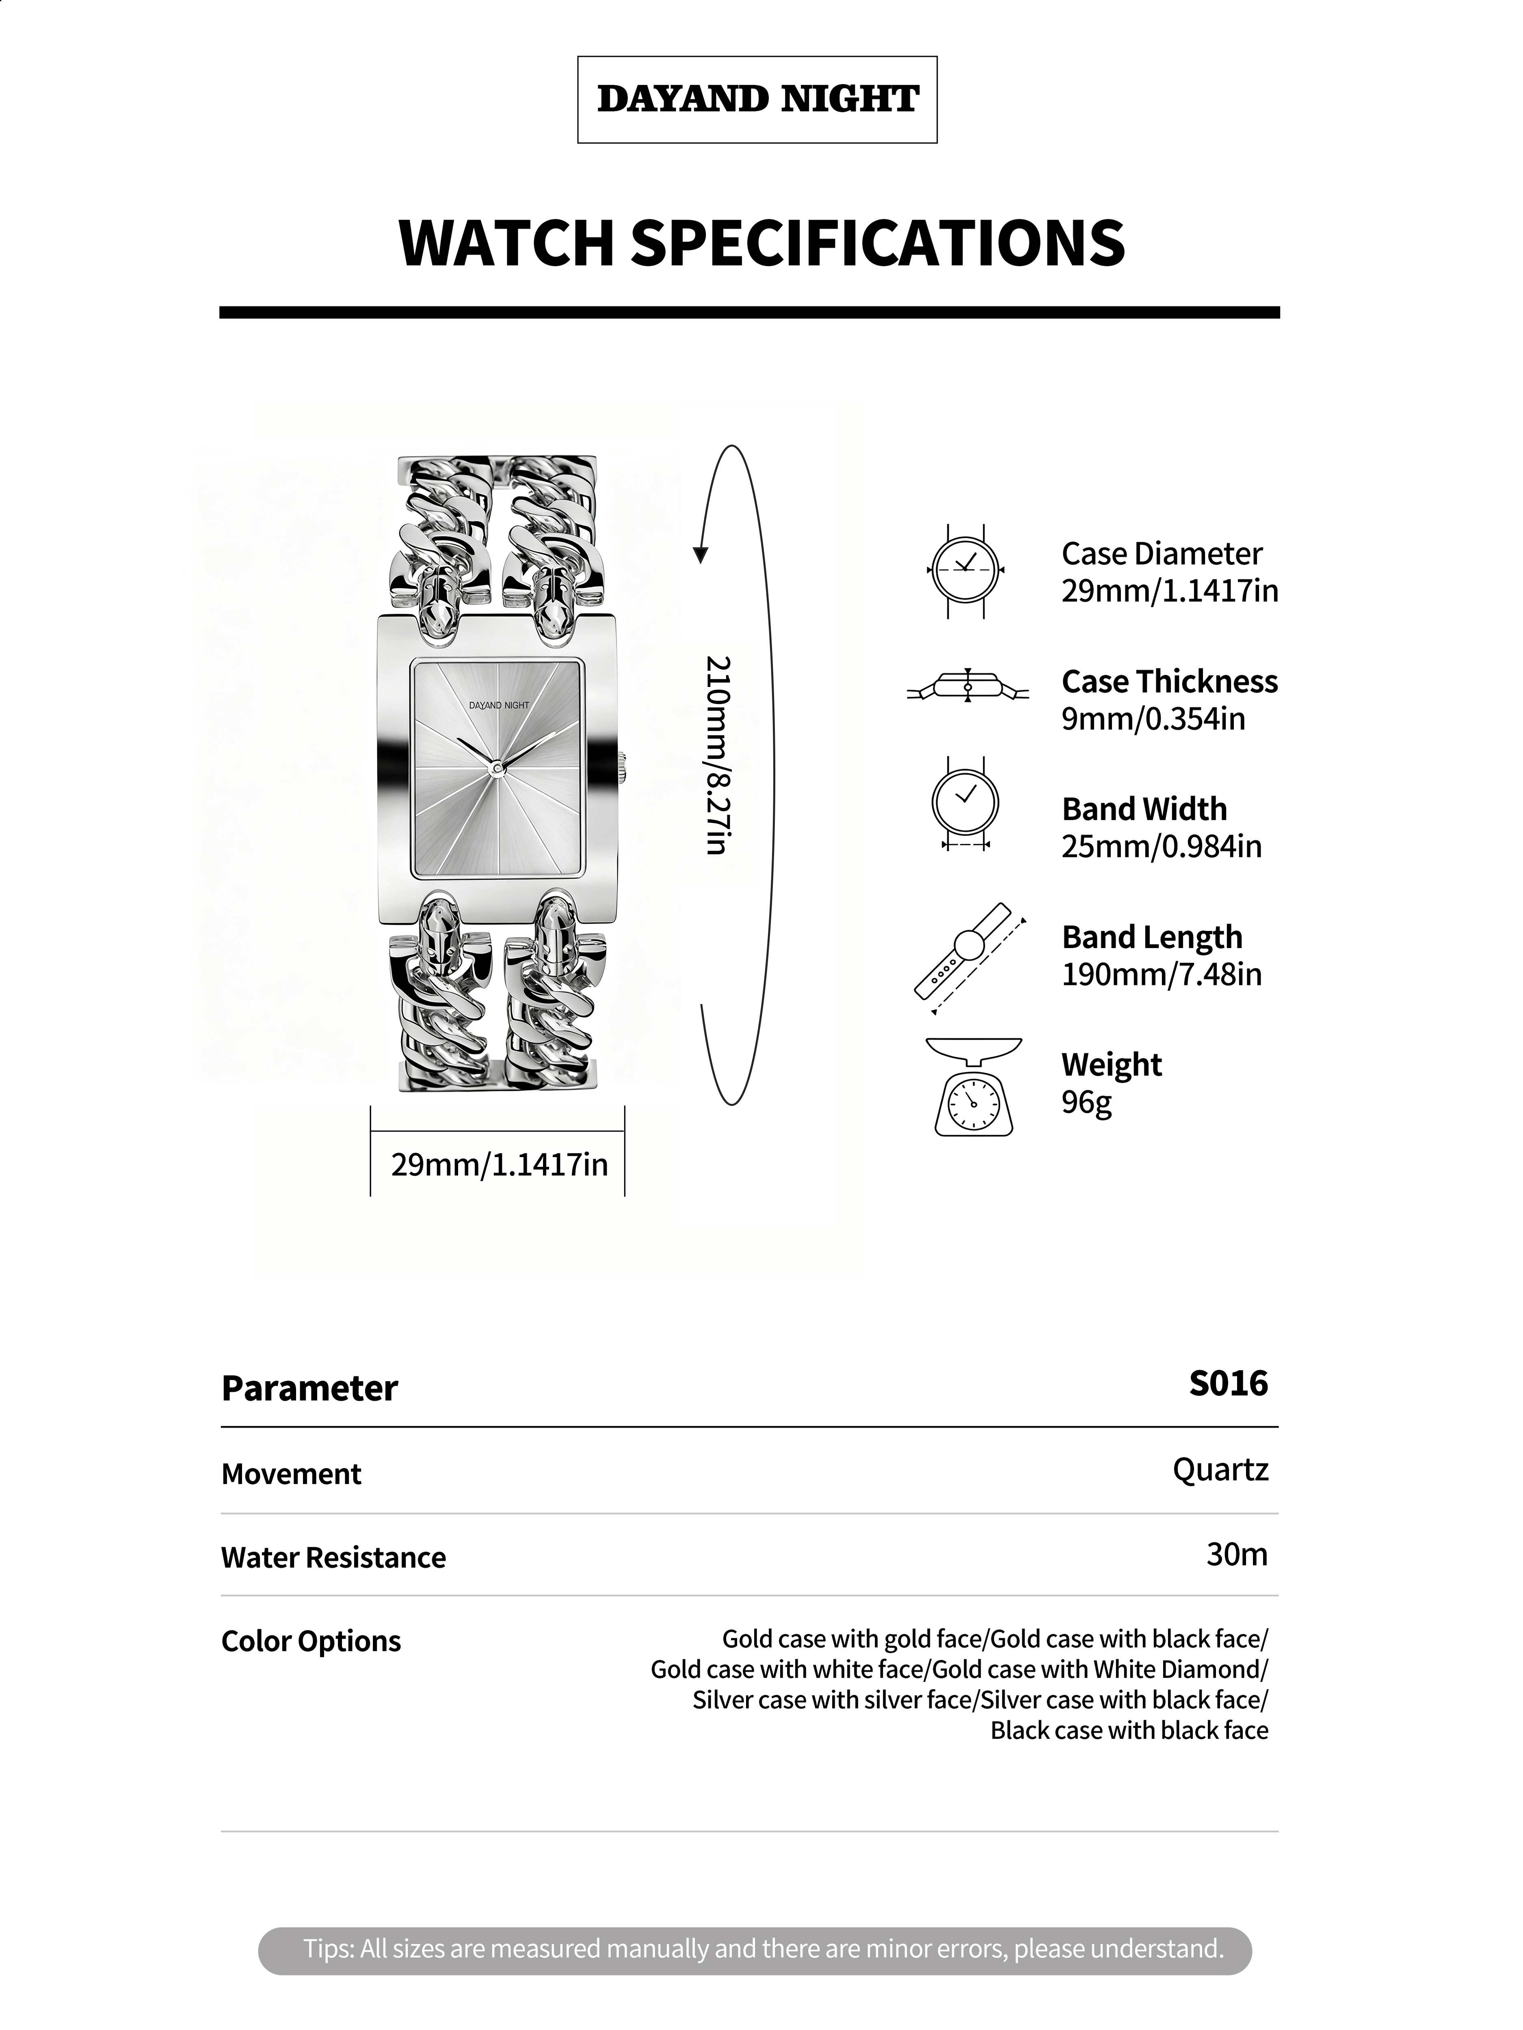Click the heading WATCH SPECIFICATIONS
pyautogui.click(x=761, y=243)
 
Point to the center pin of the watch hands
pyautogui.click(x=497, y=766)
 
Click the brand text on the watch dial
pyautogui.click(x=498, y=705)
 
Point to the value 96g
pyautogui.click(x=1086, y=1101)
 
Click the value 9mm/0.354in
pyautogui.click(x=1153, y=719)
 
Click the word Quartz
pyautogui.click(x=1220, y=1469)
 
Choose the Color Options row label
pyautogui.click(x=311, y=1641)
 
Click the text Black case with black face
pyautogui.click(x=1129, y=1730)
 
